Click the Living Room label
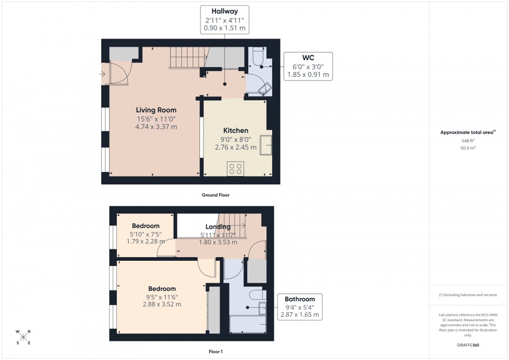tap(156, 110)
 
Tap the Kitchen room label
tap(235, 130)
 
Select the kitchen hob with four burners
tap(235, 168)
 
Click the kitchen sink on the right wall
tap(266, 144)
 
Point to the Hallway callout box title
tap(224, 11)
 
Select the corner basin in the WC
tap(265, 89)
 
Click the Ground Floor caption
tap(216, 195)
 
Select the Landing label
tap(218, 226)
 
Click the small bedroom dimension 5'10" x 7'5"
tap(145, 234)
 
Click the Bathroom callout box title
tap(300, 299)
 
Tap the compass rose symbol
tap(23, 337)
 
